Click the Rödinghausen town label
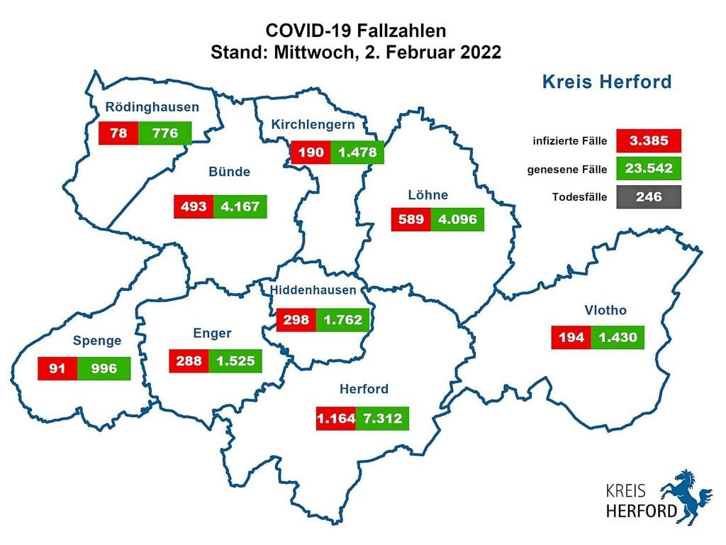tap(152, 108)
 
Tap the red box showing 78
tap(118, 133)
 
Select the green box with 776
tap(165, 133)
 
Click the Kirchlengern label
tap(313, 125)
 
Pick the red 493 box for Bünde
tap(194, 207)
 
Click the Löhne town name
tap(428, 194)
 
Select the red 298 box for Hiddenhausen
tap(296, 320)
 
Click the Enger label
tap(212, 334)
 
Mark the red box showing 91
tap(57, 368)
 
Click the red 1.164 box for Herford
tap(335, 418)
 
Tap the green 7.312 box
tap(382, 418)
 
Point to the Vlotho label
tap(605, 310)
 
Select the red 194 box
tap(571, 338)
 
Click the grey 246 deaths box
tap(649, 197)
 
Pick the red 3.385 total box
tap(649, 141)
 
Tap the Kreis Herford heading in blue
tap(606, 82)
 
